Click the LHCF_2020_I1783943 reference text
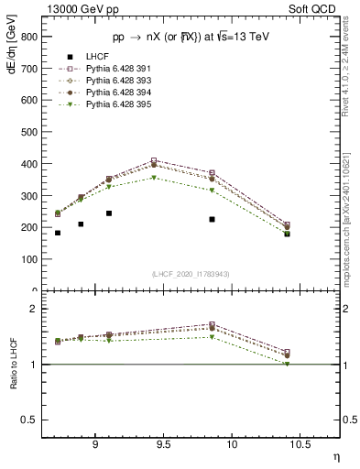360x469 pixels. pos(191,274)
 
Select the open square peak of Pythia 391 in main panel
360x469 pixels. pos(154,160)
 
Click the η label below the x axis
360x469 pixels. pos(335,456)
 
